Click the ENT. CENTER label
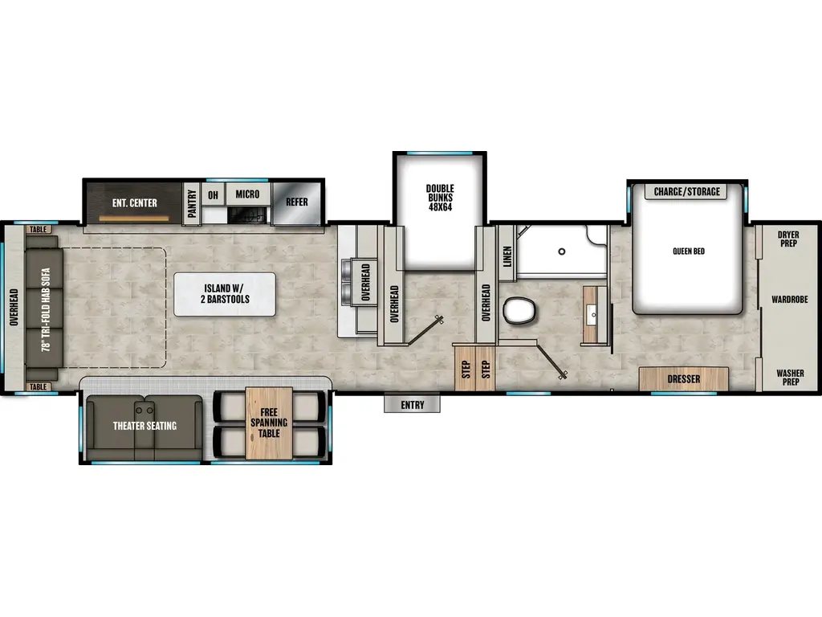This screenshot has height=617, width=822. [134, 202]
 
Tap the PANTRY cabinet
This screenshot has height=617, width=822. [192, 204]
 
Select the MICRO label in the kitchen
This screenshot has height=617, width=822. [247, 194]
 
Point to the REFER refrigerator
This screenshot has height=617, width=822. [297, 202]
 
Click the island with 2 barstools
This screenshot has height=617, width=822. [225, 294]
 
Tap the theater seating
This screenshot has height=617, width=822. [144, 426]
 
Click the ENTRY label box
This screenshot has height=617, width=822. [412, 405]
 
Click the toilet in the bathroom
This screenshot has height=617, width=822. [519, 310]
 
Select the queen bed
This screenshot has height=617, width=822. [688, 251]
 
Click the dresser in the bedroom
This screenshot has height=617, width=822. [684, 378]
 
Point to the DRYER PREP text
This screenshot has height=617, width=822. [787, 239]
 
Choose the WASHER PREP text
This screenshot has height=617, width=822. [787, 377]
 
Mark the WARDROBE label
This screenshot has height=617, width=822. [788, 300]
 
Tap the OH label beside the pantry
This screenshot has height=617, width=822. [213, 194]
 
